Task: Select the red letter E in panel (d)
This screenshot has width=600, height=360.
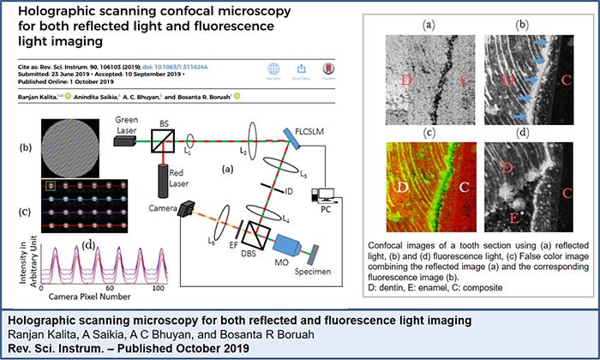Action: [512, 206]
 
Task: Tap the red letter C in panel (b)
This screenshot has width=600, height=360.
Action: [565, 84]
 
